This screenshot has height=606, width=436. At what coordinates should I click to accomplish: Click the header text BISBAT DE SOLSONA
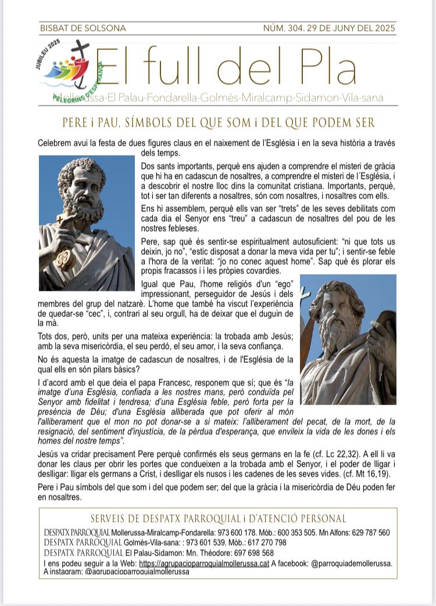coord(83,28)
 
